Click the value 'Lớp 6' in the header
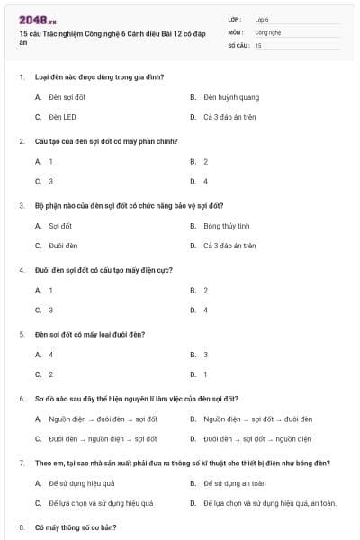(262, 19)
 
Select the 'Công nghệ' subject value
(268, 31)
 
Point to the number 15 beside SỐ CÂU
(258, 44)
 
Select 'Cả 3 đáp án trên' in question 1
(230, 117)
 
